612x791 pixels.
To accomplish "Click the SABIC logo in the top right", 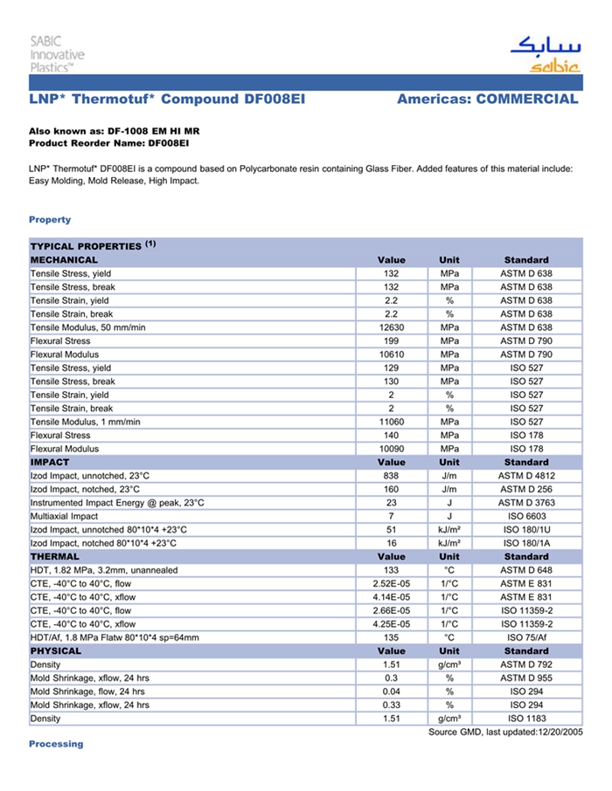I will pos(544,55).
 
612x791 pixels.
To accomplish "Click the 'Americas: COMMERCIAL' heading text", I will pos(487,100).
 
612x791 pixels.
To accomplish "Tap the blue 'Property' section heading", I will pos(50,219).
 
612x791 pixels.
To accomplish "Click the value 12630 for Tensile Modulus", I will pos(391,327).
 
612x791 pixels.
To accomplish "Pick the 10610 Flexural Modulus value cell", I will pos(391,354).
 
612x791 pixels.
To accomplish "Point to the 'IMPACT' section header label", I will pos(50,462).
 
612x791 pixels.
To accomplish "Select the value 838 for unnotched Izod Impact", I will pos(391,476).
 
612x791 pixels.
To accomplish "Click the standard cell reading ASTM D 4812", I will pos(526,476).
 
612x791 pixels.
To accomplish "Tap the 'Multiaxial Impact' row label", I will pos(65,516).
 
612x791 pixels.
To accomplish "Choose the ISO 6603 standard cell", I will pos(526,516).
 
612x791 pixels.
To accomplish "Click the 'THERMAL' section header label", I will pos(55,556).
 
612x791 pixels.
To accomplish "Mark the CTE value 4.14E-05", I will pos(391,597).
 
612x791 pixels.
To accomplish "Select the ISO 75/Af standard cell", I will pos(526,637).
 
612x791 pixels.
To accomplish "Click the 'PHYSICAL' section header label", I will pos(56,650).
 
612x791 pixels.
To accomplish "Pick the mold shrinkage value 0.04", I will pos(391,691).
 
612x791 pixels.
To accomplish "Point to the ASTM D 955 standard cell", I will pos(526,678).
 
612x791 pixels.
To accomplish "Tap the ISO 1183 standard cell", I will pos(526,719).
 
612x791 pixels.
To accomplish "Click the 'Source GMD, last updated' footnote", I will pos(504,732).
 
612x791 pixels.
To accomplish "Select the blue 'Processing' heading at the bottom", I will pos(56,744).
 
